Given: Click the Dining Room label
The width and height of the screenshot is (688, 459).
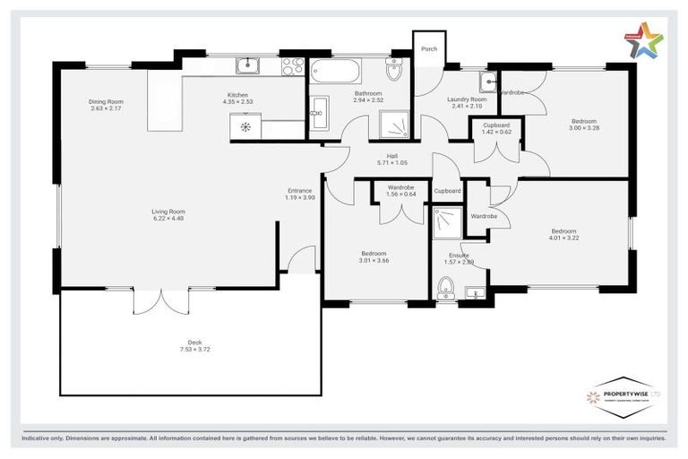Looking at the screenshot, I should (105, 102).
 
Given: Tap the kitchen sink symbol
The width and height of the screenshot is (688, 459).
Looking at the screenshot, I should (247, 65).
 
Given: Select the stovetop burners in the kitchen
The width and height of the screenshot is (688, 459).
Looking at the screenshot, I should (292, 65).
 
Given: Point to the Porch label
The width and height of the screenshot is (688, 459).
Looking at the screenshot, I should (429, 48).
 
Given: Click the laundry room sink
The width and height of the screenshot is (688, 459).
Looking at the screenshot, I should (486, 83).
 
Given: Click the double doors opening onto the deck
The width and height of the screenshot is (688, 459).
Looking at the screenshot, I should (160, 299).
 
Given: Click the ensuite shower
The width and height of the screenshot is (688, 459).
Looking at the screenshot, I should (446, 224).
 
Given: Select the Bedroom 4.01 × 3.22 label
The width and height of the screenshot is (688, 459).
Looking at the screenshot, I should (564, 235).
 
